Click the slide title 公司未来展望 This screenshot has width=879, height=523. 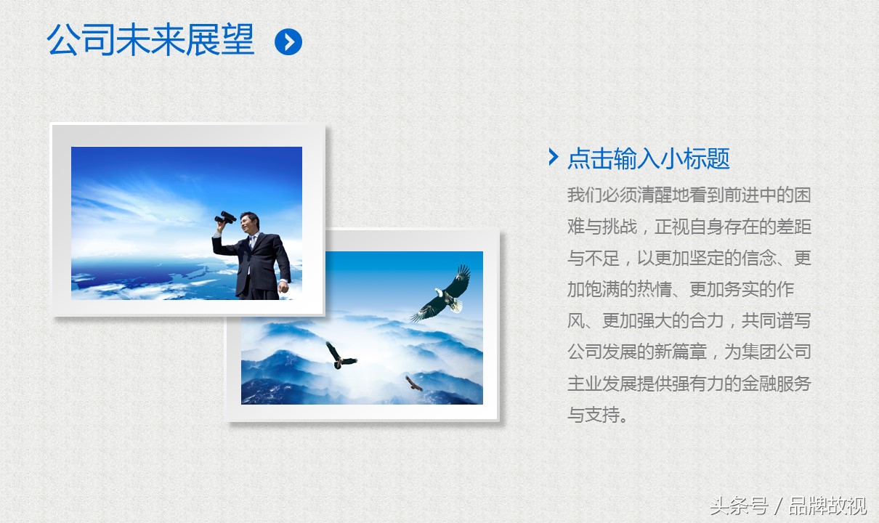coord(150,40)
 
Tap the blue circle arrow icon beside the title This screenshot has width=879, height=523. coord(288,41)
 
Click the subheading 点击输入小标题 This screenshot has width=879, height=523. coord(649,158)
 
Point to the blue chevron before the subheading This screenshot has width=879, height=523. coord(554,157)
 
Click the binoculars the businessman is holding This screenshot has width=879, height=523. coord(225,217)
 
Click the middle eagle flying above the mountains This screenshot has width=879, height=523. coord(340,356)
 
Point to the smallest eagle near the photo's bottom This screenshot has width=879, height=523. coord(413,384)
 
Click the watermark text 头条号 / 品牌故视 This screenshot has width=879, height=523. coord(788,506)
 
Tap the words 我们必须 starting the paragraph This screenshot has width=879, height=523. coord(602,195)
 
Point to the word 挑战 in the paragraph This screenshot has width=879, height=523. coord(620,227)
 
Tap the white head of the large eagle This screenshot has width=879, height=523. coord(439,292)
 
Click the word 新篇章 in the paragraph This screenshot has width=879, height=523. coord(681,352)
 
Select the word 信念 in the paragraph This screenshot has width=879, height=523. coord(758,258)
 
